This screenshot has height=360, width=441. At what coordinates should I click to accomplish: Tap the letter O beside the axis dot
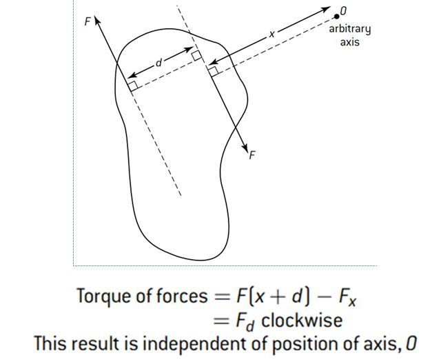(344, 11)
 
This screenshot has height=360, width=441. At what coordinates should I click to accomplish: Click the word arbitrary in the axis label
(349, 28)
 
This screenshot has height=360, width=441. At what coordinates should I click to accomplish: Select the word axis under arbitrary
(349, 41)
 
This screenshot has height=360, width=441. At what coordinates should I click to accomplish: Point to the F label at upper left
(87, 21)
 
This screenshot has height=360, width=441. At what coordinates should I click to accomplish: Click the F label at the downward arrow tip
(252, 155)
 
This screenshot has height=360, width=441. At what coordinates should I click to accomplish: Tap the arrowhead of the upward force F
(97, 21)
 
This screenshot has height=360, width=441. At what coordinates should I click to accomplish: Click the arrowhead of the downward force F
(245, 148)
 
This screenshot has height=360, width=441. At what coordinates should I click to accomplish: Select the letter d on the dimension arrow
(159, 63)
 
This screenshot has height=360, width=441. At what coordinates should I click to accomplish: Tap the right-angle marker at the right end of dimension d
(196, 55)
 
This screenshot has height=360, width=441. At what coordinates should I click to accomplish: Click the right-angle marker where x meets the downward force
(214, 70)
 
